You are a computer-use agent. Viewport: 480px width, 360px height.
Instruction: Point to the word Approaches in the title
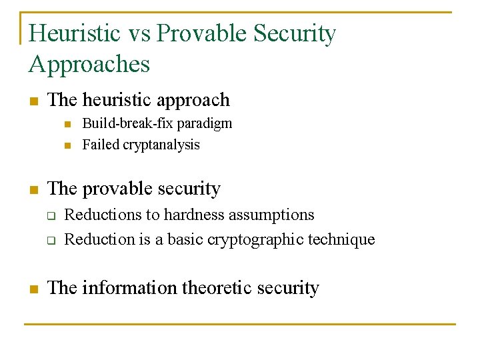pyautogui.click(x=89, y=64)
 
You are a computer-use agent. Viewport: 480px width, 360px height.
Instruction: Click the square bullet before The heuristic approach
pyautogui.click(x=33, y=101)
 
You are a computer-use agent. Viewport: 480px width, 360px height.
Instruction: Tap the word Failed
pyautogui.click(x=101, y=145)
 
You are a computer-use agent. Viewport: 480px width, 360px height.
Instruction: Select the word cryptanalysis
pyautogui.click(x=161, y=145)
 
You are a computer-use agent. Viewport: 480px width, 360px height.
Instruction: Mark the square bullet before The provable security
pyautogui.click(x=33, y=189)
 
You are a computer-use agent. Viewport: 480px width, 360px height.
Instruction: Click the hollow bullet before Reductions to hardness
pyautogui.click(x=50, y=216)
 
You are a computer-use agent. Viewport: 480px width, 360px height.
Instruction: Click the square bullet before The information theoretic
pyautogui.click(x=33, y=289)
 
